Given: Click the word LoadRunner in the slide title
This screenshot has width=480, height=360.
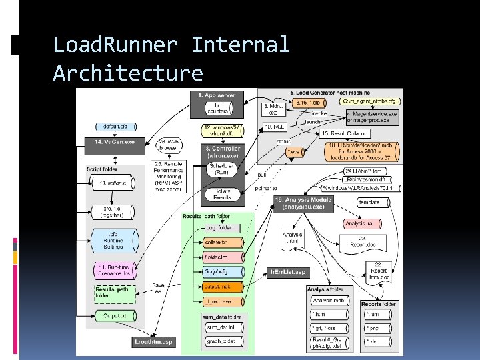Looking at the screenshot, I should [x=115, y=45].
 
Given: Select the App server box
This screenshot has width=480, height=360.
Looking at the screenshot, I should [x=217, y=95].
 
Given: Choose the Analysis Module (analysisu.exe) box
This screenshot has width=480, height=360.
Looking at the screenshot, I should [x=303, y=203].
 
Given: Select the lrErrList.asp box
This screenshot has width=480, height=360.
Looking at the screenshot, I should [x=287, y=272].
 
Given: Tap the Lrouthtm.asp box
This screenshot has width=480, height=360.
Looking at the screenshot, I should [x=153, y=342].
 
